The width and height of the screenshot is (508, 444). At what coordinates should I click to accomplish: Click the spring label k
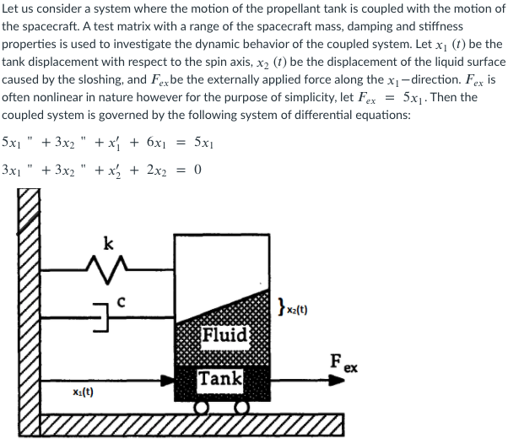click(107, 245)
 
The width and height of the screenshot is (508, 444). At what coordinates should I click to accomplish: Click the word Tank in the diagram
click(221, 378)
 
